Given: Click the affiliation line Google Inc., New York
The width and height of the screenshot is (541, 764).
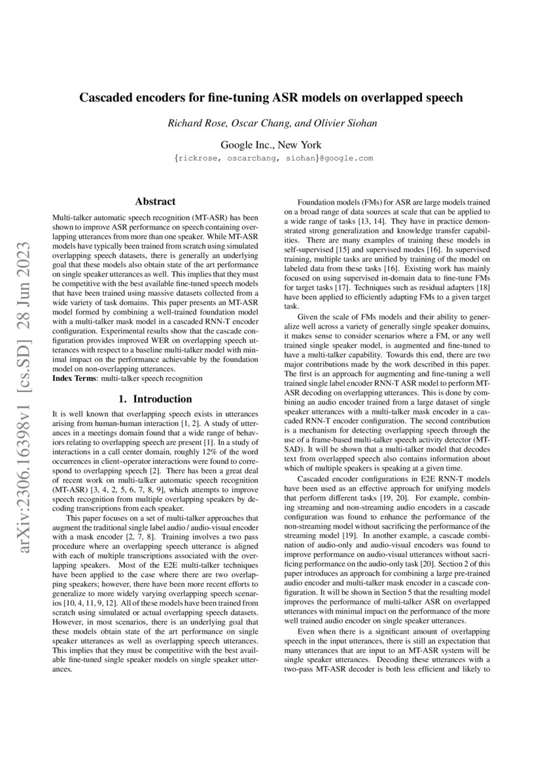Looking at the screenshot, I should point(271,144).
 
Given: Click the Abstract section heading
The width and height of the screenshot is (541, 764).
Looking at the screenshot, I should point(154,202).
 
